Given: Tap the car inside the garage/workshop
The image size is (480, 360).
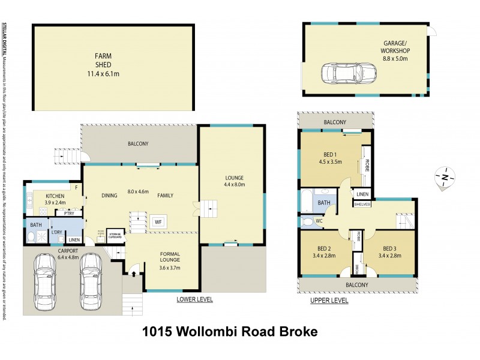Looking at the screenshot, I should [x=349, y=74].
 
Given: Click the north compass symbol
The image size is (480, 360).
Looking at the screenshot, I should [x=445, y=177].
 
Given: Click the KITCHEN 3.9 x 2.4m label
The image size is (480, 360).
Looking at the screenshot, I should [x=55, y=199].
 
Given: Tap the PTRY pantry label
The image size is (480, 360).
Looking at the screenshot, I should [x=69, y=213].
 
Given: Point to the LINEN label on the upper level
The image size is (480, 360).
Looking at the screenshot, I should [x=362, y=194].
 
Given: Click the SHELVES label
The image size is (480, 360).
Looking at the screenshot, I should [x=363, y=205].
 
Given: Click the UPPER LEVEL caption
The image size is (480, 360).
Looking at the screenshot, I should [x=329, y=301].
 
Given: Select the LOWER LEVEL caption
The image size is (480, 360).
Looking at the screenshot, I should [x=194, y=299].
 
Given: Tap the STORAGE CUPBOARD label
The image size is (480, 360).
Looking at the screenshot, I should [x=115, y=233].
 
